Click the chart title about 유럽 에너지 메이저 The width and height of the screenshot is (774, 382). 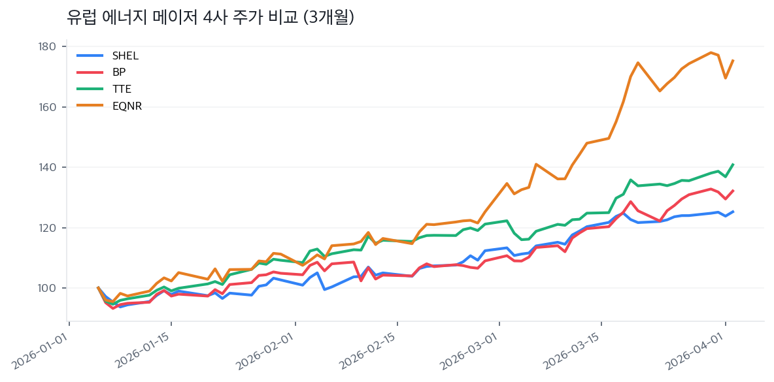(x=210, y=18)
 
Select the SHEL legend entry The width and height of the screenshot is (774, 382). (x=125, y=56)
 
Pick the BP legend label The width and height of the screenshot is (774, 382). (x=119, y=72)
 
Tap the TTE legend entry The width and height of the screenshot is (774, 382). (x=122, y=89)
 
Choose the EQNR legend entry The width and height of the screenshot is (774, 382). (x=127, y=106)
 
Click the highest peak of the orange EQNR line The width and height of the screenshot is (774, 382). (x=711, y=52)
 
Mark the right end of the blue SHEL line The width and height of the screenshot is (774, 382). (x=733, y=211)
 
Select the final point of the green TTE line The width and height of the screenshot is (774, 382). (x=733, y=164)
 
